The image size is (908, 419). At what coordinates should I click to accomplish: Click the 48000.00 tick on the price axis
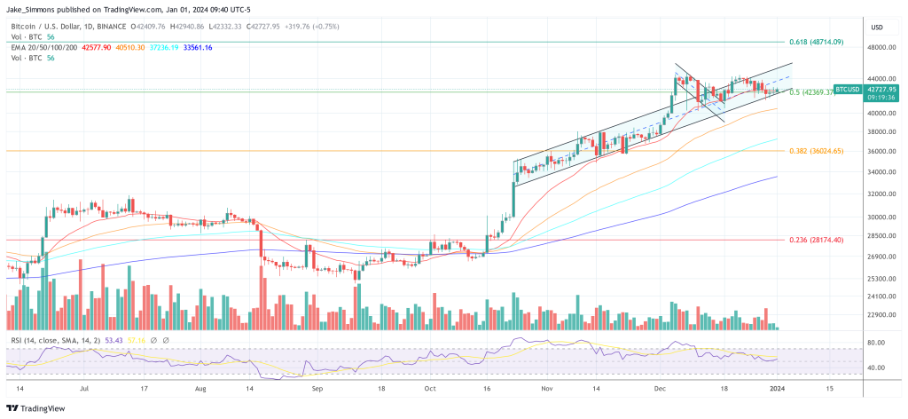coord(880,47)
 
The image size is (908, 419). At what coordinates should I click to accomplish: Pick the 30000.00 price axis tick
coord(880,217)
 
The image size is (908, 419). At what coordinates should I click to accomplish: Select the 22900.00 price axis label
coord(880,314)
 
